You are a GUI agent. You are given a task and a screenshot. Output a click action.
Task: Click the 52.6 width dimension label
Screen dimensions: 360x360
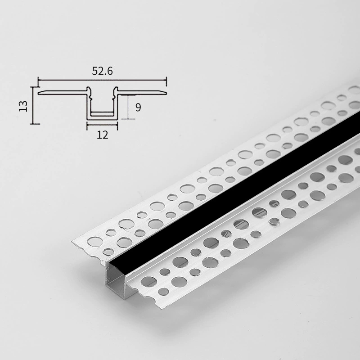tap(103, 71)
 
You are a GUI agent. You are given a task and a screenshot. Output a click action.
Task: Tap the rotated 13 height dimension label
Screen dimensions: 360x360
tap(23, 106)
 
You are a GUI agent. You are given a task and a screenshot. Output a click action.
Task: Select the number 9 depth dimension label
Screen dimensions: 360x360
tap(138, 107)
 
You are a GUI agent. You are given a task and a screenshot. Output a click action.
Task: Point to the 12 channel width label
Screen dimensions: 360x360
tap(103, 135)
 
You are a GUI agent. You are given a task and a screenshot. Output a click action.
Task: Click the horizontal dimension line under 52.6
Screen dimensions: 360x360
tap(103, 80)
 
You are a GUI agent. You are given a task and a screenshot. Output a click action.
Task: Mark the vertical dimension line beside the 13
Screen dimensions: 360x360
tap(33, 105)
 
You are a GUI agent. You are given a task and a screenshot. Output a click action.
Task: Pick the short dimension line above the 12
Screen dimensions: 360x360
tap(102, 125)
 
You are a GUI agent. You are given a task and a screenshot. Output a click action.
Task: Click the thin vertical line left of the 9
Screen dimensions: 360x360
tap(128, 107)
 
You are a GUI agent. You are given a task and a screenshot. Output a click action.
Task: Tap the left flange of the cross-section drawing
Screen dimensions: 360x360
tap(63, 92)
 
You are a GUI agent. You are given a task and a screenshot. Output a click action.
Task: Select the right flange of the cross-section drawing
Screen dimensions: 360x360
tap(142, 92)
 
